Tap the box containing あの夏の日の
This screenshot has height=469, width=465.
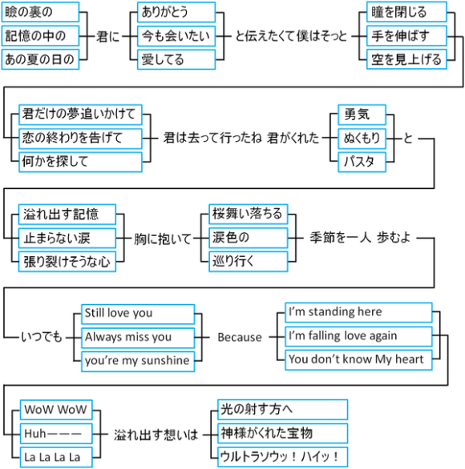[41, 58]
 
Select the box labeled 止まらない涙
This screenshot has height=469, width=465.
[67, 238]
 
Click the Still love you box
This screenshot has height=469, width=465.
[138, 313]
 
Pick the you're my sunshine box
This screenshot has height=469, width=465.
[138, 360]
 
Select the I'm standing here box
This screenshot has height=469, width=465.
[358, 312]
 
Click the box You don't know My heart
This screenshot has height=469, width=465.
[358, 359]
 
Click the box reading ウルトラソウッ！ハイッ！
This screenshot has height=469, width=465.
[283, 457]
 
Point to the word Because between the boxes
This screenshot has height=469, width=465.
[240, 337]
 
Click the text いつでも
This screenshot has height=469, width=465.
[41, 337]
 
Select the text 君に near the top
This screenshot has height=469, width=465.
[107, 36]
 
